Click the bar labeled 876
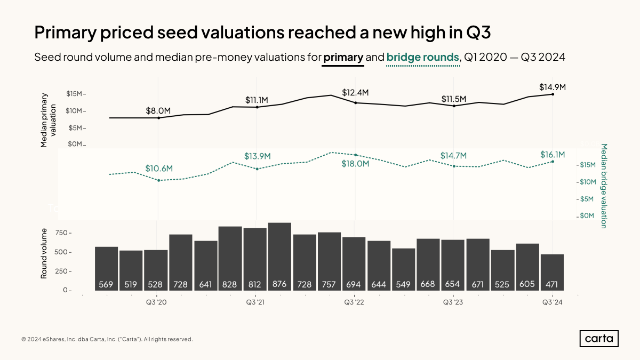coord(279,257)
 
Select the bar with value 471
coord(552,272)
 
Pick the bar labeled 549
coord(403,269)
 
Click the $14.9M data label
coord(552,87)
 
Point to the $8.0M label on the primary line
coord(158,110)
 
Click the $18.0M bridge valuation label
coord(355,164)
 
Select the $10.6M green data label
coord(159,169)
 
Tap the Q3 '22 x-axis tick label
coord(354,302)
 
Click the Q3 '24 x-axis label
coord(553,302)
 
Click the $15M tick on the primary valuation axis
coord(74,94)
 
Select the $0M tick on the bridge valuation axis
coord(587,216)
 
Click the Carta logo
coord(599,339)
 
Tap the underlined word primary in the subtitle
coord(343,57)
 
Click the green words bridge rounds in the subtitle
coord(422,57)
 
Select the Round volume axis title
coord(44,253)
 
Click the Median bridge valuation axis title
coord(604,186)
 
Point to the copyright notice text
coord(107,339)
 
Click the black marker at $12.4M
coord(355,102)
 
